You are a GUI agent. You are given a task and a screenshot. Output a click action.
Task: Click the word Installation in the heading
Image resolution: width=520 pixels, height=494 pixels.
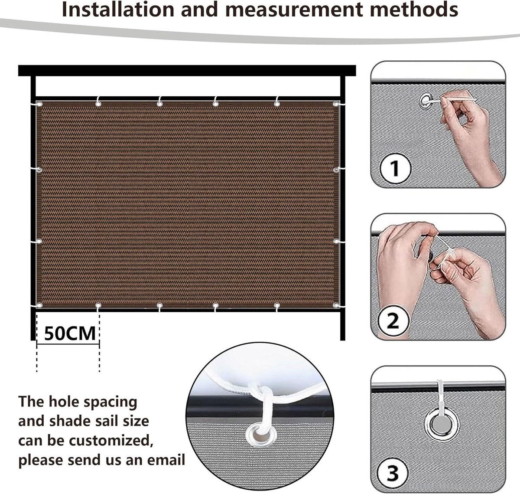coord(118,10)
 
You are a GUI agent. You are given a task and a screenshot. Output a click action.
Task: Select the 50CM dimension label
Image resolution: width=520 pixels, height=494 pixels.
coord(70,334)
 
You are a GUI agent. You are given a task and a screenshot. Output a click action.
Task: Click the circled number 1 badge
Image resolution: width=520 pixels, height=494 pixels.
coord(395,168)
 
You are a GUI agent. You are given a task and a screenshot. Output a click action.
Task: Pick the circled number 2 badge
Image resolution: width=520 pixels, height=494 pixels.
coord(393,321)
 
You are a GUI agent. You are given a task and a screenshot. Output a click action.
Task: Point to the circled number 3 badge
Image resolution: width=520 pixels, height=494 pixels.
coord(393,473)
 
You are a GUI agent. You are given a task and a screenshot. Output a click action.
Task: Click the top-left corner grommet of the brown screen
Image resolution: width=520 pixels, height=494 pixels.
coord(39,104)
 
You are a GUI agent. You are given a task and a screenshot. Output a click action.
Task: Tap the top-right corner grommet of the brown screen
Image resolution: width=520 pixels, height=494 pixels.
coord(336,104)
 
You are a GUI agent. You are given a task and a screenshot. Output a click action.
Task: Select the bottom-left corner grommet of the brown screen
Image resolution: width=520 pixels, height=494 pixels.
coord(39,305)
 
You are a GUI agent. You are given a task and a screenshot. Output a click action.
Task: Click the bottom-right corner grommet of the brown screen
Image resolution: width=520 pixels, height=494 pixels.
coord(336,305)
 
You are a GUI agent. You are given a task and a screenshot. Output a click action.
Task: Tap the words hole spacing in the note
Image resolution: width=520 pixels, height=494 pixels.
coord(93,402)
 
